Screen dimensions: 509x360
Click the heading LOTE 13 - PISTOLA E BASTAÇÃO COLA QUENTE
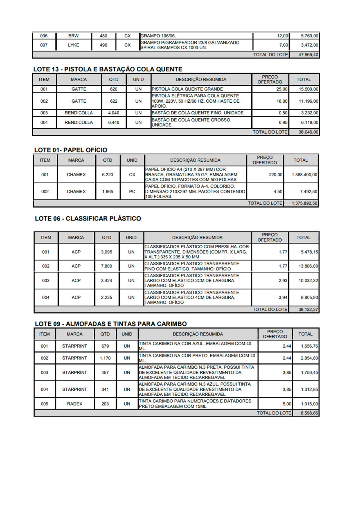[x=108, y=69]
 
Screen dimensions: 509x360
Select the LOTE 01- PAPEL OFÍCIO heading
[x=71, y=150]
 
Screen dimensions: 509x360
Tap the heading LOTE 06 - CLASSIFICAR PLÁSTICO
[x=88, y=219]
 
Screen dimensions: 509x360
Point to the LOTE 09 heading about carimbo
[x=111, y=324]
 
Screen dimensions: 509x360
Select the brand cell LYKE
[x=73, y=45]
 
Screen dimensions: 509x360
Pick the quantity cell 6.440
[x=114, y=122]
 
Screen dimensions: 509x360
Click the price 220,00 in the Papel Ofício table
[x=275, y=175]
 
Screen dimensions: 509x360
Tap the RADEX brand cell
[x=75, y=404]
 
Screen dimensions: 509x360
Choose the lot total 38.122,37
[x=308, y=309]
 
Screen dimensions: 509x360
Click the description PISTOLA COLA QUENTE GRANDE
[x=187, y=89]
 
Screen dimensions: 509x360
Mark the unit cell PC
[x=132, y=192]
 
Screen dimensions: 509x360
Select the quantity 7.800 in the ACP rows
[x=107, y=266]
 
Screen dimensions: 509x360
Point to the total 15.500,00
[x=308, y=89]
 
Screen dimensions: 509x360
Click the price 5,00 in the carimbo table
[x=287, y=404]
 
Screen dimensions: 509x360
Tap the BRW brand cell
[x=73, y=36]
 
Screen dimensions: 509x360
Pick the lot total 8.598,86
[x=309, y=413]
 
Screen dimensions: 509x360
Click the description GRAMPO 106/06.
[x=158, y=36]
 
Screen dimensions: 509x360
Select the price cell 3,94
[x=283, y=298]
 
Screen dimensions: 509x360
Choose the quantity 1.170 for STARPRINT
[x=105, y=358]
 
